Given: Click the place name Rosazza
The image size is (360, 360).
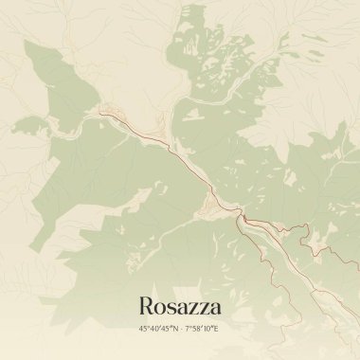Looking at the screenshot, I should (179, 306).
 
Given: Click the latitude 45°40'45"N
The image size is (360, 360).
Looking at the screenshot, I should (157, 328).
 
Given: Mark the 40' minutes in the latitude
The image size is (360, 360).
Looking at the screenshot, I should (154, 328).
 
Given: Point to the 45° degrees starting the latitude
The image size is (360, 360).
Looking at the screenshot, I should (144, 328).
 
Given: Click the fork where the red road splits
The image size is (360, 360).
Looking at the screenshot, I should (245, 221).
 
